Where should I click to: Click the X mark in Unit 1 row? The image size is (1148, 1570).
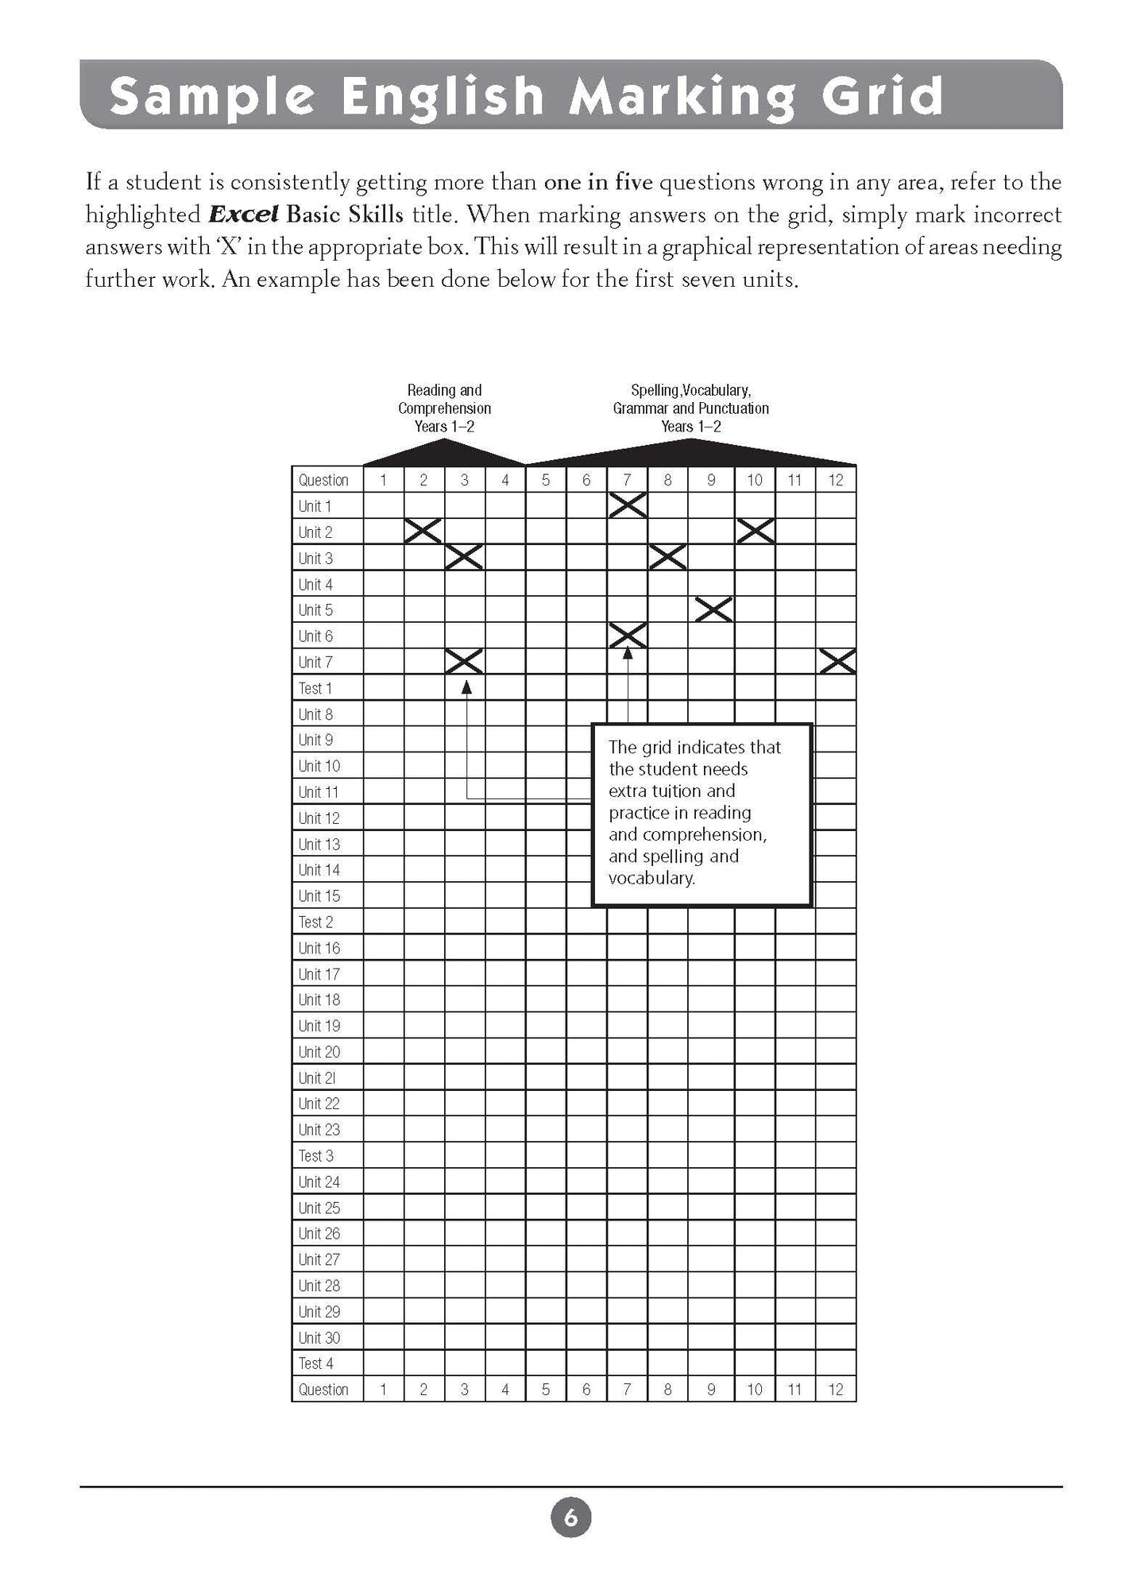[628, 505]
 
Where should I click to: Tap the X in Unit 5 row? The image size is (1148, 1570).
[713, 609]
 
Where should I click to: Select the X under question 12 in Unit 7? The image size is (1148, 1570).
[837, 661]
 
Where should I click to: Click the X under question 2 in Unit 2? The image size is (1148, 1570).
[423, 532]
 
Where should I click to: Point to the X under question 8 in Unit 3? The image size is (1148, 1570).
[667, 558]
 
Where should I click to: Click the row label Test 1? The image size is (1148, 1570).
[315, 688]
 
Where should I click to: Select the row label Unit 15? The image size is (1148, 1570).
[319, 895]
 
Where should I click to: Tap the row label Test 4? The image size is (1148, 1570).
[315, 1363]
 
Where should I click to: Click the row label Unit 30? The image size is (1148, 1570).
[319, 1337]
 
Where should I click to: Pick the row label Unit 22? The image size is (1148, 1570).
[319, 1104]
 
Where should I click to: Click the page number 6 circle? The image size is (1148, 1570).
[570, 1518]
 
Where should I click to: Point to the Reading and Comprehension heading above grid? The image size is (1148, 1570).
[444, 408]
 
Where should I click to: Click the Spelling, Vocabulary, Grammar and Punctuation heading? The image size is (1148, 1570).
[690, 408]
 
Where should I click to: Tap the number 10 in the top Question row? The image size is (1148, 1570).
[755, 480]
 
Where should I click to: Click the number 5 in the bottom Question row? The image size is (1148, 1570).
[546, 1390]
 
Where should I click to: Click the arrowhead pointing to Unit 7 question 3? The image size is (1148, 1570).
[466, 686]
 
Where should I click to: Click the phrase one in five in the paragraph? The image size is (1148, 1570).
[598, 183]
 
